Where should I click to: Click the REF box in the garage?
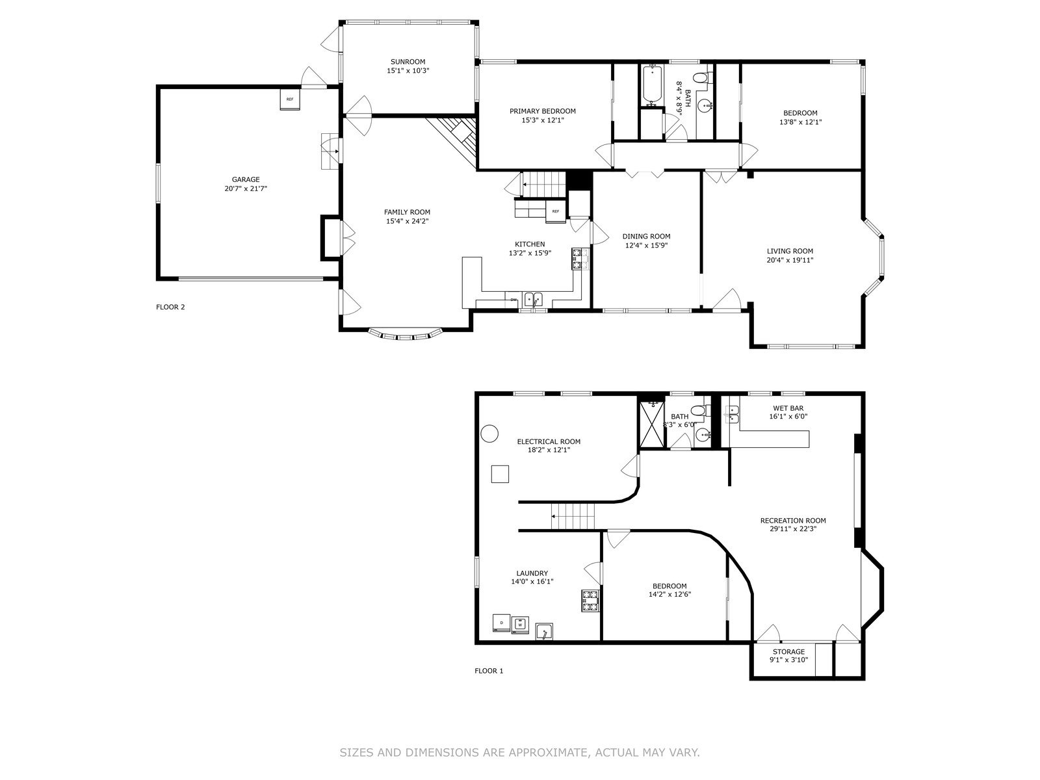tap(289, 99)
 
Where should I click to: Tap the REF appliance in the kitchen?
tap(556, 212)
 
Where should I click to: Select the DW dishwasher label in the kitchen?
tap(513, 299)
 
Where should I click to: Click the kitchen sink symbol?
tap(534, 300)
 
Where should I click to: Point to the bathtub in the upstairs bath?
tap(653, 85)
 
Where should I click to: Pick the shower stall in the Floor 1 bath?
tap(652, 424)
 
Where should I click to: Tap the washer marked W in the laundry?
tap(520, 625)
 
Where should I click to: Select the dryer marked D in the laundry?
tap(501, 623)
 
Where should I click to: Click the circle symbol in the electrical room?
tap(489, 434)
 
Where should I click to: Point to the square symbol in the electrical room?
tap(500, 474)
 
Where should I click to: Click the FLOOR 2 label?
tap(170, 307)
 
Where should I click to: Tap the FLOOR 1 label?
tap(489, 671)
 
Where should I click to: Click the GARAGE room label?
tap(246, 179)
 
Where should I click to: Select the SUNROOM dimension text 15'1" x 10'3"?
tap(408, 71)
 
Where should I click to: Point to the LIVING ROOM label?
tap(790, 251)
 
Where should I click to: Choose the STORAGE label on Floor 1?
tap(789, 652)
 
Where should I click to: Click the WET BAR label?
tap(788, 408)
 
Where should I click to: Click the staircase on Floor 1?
tap(573, 516)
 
